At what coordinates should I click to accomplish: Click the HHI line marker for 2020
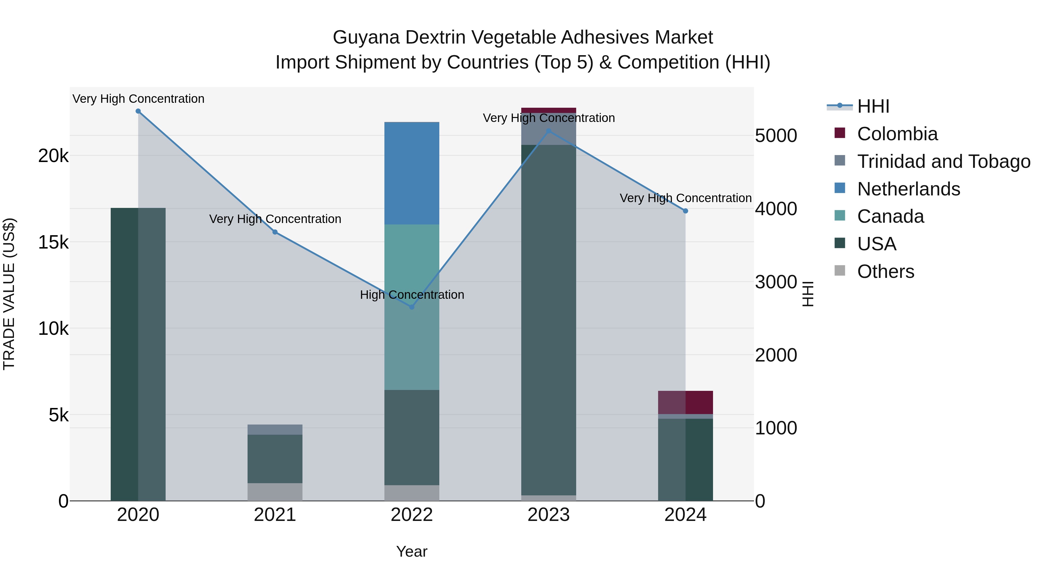[138, 111]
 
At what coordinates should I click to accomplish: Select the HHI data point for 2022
[412, 307]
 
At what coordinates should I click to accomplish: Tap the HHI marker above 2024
[685, 211]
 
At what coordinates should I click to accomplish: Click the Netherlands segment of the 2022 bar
[412, 173]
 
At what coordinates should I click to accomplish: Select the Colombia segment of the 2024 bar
[685, 402]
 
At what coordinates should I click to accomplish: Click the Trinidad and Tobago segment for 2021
[275, 429]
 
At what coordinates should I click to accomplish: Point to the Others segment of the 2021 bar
[275, 492]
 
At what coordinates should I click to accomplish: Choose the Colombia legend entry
[898, 134]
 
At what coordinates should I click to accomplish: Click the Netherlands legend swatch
[840, 188]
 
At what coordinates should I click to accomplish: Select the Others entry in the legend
[886, 271]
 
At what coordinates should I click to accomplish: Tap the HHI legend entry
[873, 106]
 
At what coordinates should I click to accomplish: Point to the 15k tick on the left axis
[53, 242]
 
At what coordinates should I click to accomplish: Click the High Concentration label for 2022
[412, 295]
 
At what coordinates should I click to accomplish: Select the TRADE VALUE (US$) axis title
[9, 294]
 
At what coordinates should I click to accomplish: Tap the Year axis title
[412, 551]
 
